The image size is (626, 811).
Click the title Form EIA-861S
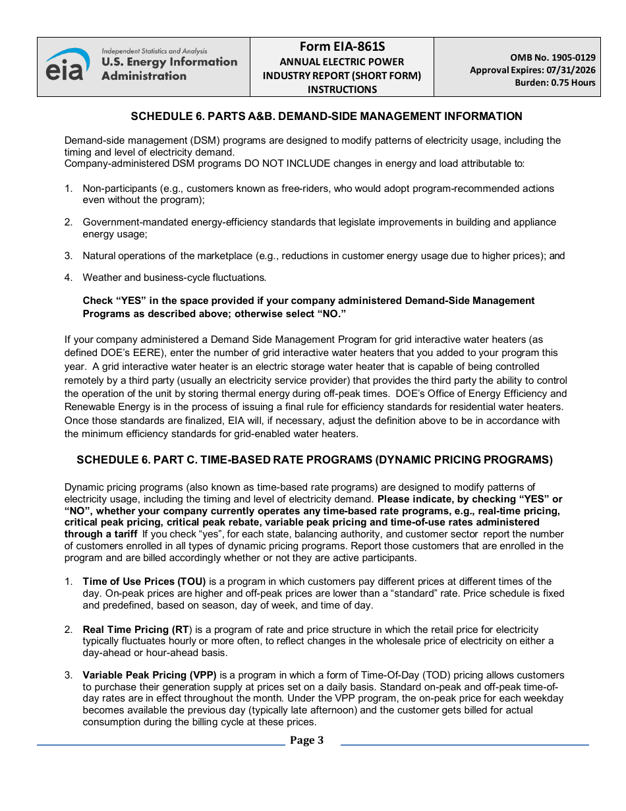point(341,47)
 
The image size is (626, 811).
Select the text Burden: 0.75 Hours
point(555,82)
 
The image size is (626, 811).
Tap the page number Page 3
point(306,740)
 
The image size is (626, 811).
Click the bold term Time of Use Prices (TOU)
point(144,582)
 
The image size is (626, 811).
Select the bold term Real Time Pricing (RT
point(136,630)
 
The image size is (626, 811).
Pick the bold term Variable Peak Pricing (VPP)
point(150,675)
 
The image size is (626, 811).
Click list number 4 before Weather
point(68,278)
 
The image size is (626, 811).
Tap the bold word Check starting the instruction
point(98,301)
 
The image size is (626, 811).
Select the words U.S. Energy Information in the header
point(169,62)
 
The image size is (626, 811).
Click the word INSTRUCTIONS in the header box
point(341,89)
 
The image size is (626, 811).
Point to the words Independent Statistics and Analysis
point(154,51)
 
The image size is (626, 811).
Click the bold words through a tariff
point(101,534)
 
